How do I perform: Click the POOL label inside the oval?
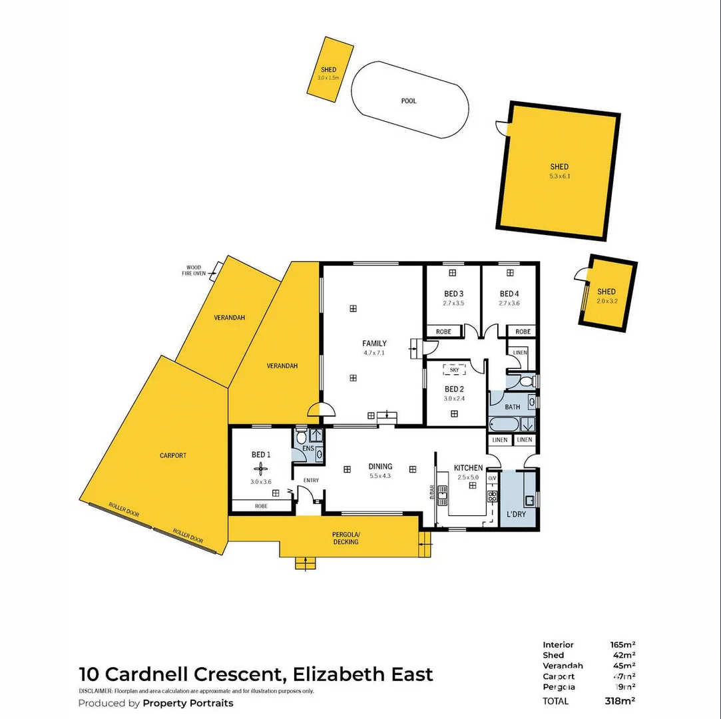408,101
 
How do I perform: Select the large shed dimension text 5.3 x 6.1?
559,176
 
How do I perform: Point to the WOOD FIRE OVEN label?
194,270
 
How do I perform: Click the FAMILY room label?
374,344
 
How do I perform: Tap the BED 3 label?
453,294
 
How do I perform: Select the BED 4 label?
509,294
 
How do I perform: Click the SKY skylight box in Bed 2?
454,369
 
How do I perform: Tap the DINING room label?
380,467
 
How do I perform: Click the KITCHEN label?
468,468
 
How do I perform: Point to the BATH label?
512,407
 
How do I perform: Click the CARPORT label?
173,456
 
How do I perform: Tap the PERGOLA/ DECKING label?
346,538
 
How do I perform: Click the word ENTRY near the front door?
311,480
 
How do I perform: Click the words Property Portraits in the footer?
188,703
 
